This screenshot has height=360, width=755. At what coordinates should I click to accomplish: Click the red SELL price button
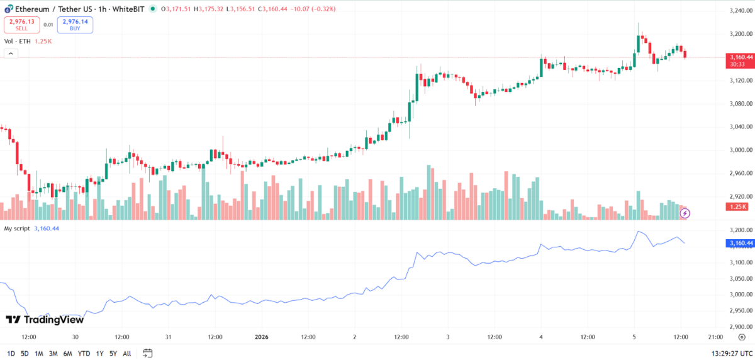tap(21, 25)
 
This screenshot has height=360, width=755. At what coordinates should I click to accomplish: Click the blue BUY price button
tap(75, 25)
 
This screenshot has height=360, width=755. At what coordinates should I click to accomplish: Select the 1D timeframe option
tap(11, 353)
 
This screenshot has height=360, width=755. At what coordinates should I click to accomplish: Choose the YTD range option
tap(84, 353)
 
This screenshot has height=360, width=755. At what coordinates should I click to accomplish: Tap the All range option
tap(127, 353)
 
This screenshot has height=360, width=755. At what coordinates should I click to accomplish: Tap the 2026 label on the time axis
tap(261, 337)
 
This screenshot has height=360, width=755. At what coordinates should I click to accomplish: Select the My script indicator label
tap(17, 228)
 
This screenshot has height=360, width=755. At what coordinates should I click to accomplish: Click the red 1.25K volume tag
tap(737, 206)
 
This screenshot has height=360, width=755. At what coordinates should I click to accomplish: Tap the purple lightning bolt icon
tap(685, 213)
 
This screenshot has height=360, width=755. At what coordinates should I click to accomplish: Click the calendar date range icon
tap(147, 353)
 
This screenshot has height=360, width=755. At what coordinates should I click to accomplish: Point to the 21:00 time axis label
tap(715, 337)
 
